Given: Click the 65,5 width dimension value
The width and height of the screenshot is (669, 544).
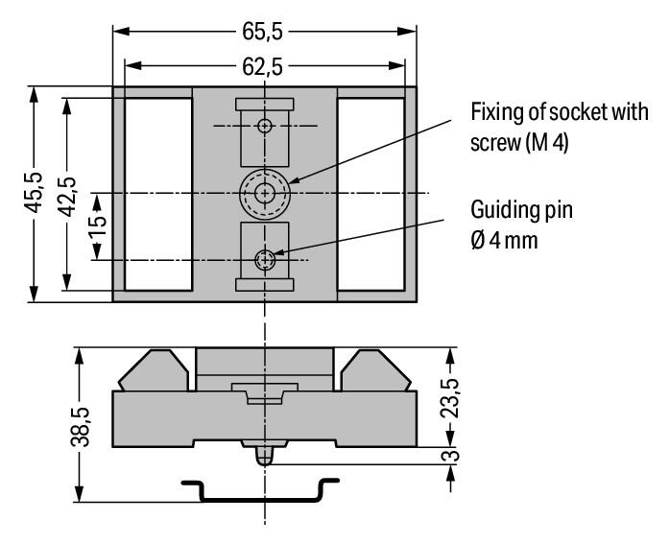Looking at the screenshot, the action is click(262, 31).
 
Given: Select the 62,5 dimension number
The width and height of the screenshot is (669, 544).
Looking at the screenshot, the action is click(262, 66).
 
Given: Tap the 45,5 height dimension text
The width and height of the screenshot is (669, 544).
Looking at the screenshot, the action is click(34, 192).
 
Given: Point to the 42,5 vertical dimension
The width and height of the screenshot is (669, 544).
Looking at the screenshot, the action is click(67, 197).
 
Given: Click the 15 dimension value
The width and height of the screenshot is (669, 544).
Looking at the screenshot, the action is click(97, 226).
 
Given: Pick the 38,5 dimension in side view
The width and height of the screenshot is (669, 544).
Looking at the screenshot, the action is click(81, 427).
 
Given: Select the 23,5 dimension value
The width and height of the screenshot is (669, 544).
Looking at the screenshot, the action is click(450, 398).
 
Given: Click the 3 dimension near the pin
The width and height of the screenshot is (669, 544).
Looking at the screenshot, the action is click(450, 456).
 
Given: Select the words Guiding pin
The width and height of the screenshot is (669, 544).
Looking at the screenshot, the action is click(521, 210).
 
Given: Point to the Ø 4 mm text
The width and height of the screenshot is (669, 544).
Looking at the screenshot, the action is click(504, 241).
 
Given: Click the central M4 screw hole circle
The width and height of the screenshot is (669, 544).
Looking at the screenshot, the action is click(265, 194).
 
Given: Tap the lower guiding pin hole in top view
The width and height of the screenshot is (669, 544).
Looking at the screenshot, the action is click(265, 260).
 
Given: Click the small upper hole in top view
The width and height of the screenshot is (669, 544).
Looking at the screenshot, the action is click(265, 126).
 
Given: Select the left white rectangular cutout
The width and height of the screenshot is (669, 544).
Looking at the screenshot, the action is click(158, 195).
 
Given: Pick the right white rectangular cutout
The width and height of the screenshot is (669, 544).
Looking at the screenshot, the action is click(370, 195).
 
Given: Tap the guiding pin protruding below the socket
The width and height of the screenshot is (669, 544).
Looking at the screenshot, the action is click(265, 456).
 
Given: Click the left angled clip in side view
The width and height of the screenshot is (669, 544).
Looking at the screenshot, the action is click(154, 370).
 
